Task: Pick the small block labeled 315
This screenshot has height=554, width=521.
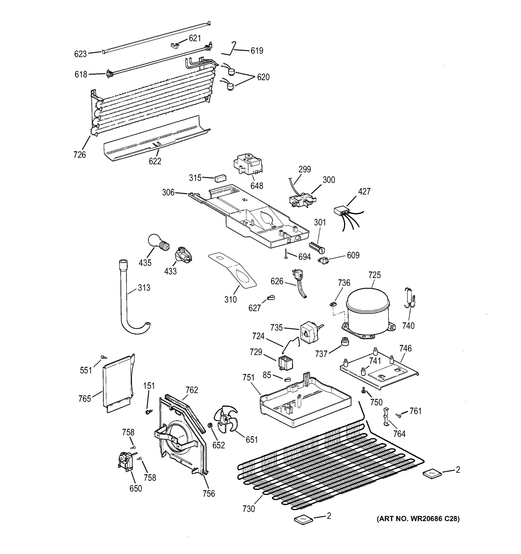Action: coord(220,178)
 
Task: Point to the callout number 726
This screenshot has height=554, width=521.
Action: coord(79,155)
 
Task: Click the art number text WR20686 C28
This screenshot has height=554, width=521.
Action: coord(418,519)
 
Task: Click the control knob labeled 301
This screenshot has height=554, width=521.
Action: coord(317,247)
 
